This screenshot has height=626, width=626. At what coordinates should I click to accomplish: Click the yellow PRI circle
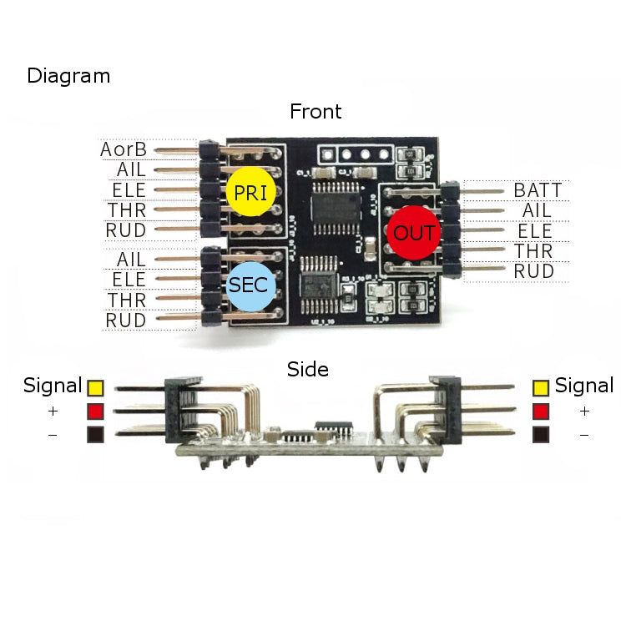251,192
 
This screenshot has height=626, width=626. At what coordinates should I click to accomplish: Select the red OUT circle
413,233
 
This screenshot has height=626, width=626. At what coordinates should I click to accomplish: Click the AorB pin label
124,149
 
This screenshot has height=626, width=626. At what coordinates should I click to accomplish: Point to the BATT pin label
538,190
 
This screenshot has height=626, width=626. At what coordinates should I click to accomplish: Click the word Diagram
68,76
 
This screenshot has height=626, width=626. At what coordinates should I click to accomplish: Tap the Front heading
316,111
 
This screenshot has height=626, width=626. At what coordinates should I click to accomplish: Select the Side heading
308,369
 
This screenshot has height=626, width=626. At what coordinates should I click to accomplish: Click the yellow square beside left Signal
94,387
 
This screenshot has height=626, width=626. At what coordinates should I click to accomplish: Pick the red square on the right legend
542,411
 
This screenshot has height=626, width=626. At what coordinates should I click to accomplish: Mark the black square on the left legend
94,434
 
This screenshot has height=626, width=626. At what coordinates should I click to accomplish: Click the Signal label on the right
584,386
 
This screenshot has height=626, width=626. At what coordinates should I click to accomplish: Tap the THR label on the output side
533,251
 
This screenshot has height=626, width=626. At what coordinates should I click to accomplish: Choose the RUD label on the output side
533,271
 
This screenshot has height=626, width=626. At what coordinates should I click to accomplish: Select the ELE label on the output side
535,231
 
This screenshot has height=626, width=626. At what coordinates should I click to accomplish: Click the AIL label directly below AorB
132,170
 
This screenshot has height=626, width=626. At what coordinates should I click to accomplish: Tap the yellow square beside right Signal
542,387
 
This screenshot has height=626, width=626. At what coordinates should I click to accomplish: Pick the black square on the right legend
542,434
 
